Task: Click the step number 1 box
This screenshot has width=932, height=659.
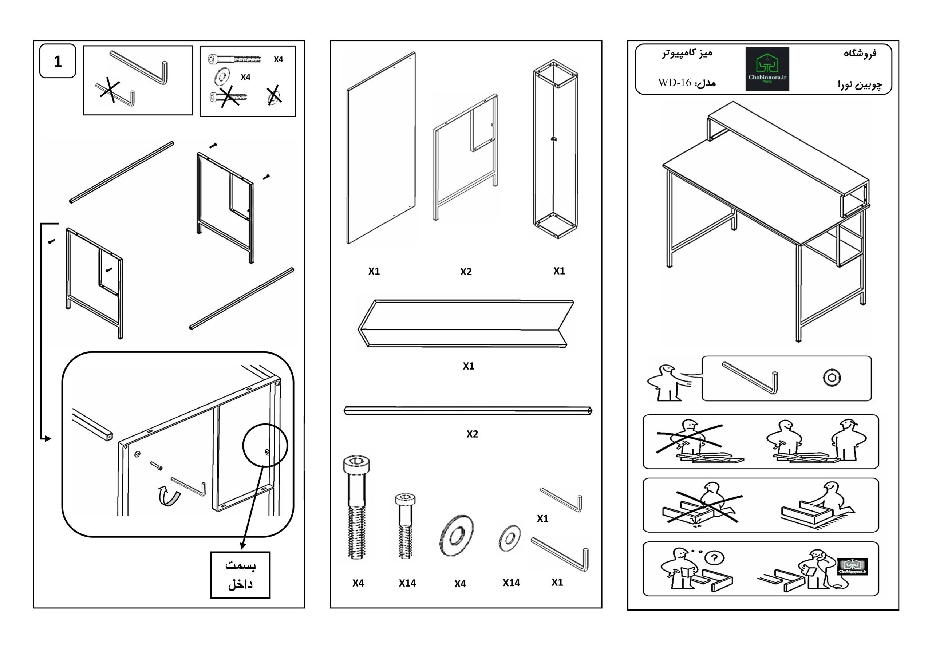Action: click(58, 61)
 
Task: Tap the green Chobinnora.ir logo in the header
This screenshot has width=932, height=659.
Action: click(767, 69)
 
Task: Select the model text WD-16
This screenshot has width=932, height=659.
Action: click(674, 83)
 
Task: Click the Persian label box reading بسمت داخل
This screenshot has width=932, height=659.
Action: click(240, 575)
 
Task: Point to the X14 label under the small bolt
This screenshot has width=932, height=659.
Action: click(407, 583)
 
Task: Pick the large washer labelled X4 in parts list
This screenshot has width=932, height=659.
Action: click(456, 536)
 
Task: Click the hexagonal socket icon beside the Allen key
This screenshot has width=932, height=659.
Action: click(832, 378)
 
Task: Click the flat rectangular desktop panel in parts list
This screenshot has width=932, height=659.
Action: click(381, 148)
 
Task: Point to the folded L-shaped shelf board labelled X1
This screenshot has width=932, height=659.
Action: click(466, 323)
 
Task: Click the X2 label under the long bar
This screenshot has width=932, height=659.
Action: click(472, 434)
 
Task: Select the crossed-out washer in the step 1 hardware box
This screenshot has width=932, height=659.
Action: click(275, 95)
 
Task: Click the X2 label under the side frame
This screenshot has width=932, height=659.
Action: click(466, 272)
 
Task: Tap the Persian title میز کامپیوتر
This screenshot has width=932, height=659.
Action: click(687, 53)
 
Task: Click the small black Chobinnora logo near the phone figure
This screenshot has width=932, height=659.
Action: click(852, 567)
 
